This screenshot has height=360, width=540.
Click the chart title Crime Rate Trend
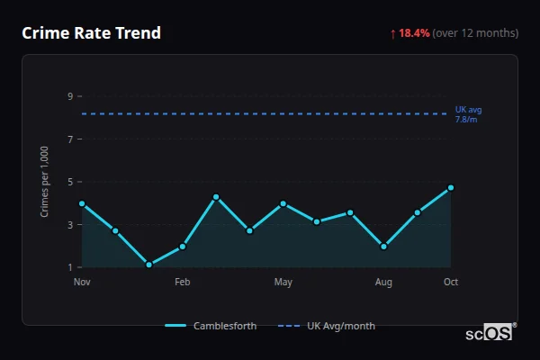point(91,33)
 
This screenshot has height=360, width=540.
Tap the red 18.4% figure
point(414,33)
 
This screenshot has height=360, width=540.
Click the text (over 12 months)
point(475,33)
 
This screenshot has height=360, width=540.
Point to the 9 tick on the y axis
point(69,96)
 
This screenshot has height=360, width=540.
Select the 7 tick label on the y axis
point(69,139)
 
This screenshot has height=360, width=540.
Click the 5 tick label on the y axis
point(69,182)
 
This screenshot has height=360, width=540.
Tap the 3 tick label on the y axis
point(69,225)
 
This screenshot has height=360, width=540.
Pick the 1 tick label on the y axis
point(69,267)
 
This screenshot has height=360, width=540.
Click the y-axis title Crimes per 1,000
point(45,182)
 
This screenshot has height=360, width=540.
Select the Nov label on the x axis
point(82,283)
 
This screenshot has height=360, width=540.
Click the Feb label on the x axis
point(182,283)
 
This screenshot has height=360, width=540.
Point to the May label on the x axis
point(283,283)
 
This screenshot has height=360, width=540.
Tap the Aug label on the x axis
point(383,283)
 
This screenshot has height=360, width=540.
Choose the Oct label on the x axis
point(451,283)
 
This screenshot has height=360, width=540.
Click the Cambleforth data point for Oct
point(451,188)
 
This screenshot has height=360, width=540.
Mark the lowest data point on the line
point(148,265)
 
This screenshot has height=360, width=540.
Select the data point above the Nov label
point(82,203)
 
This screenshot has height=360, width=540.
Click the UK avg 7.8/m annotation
point(468,114)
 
